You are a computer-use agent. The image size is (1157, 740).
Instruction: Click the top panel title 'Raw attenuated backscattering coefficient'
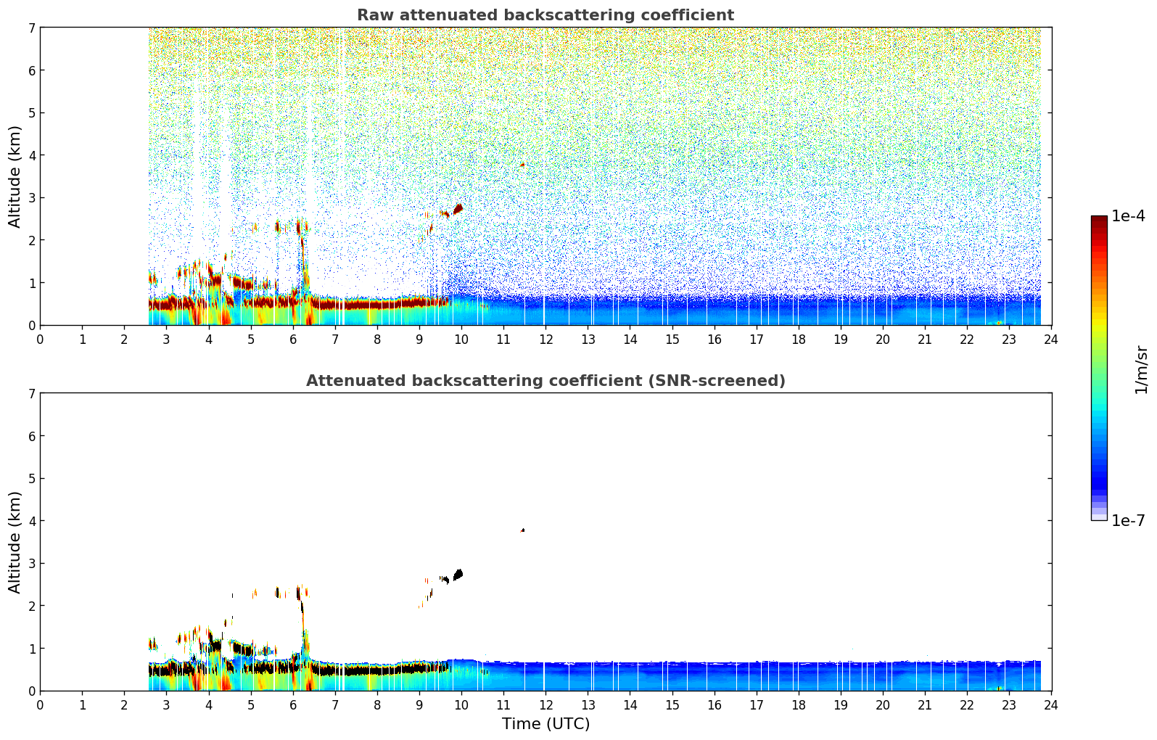545,15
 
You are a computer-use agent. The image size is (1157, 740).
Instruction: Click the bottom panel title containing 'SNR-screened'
545,381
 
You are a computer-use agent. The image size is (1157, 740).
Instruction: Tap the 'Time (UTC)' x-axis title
545,723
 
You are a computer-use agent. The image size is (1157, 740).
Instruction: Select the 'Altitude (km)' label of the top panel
15,176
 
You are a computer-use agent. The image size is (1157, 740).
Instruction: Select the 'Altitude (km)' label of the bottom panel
15,542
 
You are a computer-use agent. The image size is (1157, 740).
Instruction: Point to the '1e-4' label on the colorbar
1128,216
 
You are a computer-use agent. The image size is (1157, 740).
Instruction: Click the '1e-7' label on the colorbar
1128,521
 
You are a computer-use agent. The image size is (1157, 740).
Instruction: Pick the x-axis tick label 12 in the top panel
546,340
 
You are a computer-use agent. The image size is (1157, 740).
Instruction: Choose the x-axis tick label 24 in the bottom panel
1051,705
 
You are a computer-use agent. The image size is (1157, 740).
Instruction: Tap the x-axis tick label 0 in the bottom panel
41,705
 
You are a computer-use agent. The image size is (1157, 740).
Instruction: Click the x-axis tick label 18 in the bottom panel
799,705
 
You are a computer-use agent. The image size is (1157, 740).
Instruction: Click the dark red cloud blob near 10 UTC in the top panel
458,209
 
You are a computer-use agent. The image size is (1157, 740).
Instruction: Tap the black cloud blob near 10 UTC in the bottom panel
458,575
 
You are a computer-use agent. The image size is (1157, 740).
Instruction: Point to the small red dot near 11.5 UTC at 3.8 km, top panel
522,165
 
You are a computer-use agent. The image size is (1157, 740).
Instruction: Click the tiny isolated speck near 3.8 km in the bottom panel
522,530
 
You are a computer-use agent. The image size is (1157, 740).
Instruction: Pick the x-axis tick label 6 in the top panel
293,340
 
